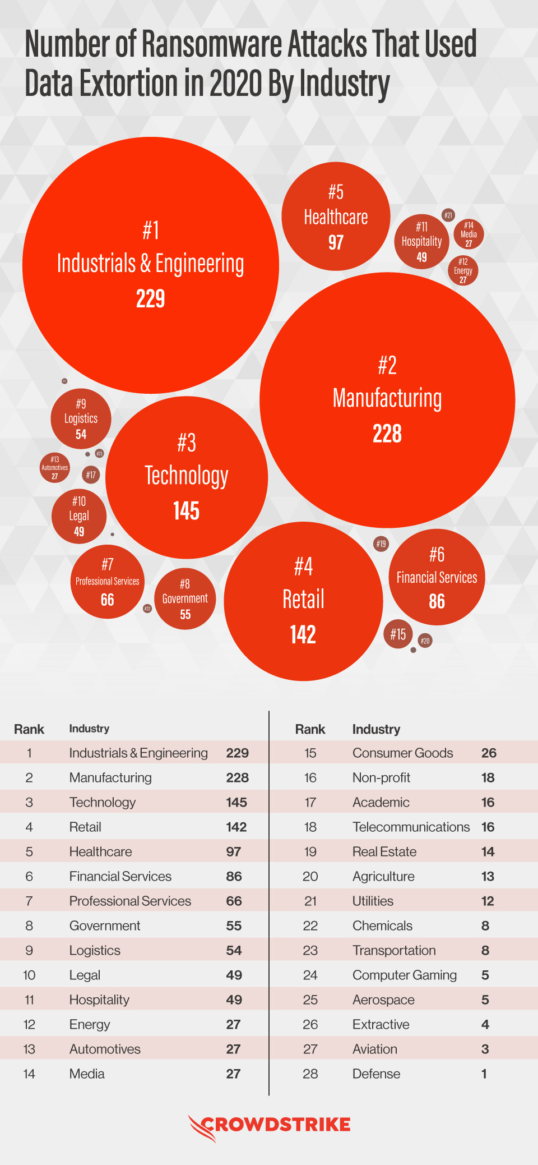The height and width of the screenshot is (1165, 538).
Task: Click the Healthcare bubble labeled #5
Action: click(x=336, y=217)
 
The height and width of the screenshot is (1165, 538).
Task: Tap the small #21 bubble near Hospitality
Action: click(x=448, y=215)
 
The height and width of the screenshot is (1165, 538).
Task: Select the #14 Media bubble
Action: click(x=469, y=234)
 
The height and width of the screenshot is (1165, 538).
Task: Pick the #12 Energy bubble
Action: click(x=463, y=270)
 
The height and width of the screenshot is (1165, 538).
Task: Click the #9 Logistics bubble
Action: click(x=81, y=419)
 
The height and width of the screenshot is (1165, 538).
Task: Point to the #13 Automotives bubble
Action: click(x=55, y=467)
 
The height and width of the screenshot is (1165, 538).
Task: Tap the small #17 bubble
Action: click(x=91, y=475)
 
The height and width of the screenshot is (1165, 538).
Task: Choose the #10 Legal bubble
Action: click(x=79, y=516)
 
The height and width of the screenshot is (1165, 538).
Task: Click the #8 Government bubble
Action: click(x=185, y=599)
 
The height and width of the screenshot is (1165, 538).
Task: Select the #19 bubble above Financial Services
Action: click(x=381, y=544)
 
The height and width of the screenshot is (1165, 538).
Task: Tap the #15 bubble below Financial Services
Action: click(x=398, y=634)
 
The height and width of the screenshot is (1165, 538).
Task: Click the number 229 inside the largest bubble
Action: click(x=151, y=298)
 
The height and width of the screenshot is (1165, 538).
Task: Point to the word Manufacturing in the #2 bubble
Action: click(x=387, y=398)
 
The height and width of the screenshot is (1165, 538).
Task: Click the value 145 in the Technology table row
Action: click(x=236, y=802)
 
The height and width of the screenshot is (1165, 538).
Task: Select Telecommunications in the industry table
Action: click(x=411, y=827)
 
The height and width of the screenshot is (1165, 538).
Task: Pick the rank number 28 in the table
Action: click(x=310, y=1074)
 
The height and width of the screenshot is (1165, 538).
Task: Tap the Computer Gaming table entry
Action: click(x=404, y=975)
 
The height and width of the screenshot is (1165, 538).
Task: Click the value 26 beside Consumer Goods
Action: click(x=489, y=753)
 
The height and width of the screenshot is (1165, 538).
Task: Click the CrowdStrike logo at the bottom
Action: click(x=270, y=1125)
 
